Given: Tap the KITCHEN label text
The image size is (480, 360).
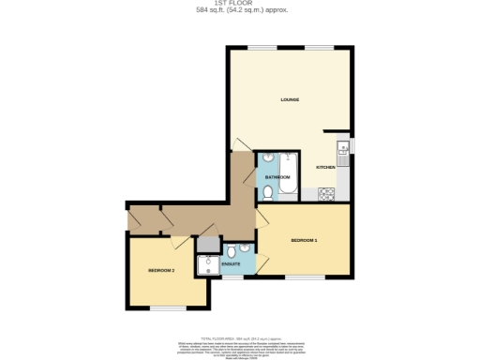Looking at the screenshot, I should [x=325, y=167].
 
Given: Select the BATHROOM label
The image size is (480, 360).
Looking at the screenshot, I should [x=277, y=176].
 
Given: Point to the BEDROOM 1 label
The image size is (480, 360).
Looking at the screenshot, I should [x=304, y=241].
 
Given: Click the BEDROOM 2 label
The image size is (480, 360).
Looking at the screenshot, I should [x=161, y=271].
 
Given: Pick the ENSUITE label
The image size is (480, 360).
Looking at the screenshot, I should [x=231, y=265].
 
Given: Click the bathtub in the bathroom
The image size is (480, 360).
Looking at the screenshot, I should [x=287, y=175].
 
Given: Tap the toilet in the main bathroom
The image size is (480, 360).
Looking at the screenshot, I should [x=268, y=192].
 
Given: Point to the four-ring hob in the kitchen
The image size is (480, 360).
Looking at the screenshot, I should [x=327, y=194].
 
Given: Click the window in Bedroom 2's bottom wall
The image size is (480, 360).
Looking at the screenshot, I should [x=169, y=308].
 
